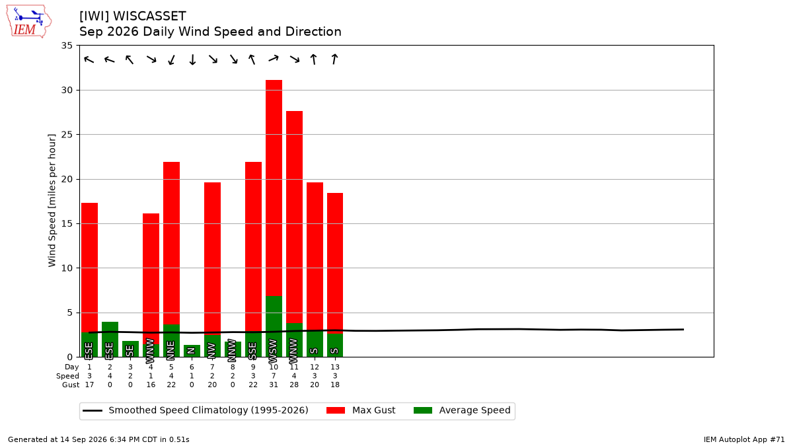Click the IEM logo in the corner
pyautogui.click(x=28, y=22)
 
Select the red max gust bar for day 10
pyautogui.click(x=274, y=188)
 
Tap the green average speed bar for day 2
pyautogui.click(x=110, y=339)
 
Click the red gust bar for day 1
pyautogui.click(x=90, y=268)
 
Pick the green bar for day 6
pyautogui.click(x=192, y=351)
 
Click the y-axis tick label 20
pyautogui.click(x=67, y=180)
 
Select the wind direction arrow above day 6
pyautogui.click(x=192, y=59)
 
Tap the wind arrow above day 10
pyautogui.click(x=274, y=58)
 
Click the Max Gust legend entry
pyautogui.click(x=360, y=410)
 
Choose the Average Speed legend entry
pyautogui.click(x=462, y=410)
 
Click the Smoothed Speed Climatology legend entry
pyautogui.click(x=196, y=410)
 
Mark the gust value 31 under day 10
pyautogui.click(x=274, y=385)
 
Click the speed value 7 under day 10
pyautogui.click(x=274, y=376)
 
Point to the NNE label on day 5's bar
pyautogui.click(x=171, y=350)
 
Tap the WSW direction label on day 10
pyautogui.click(x=273, y=351)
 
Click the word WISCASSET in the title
pyautogui.click(x=149, y=17)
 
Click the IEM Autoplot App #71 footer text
pyautogui.click(x=744, y=439)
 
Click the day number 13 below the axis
pyautogui.click(x=335, y=367)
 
